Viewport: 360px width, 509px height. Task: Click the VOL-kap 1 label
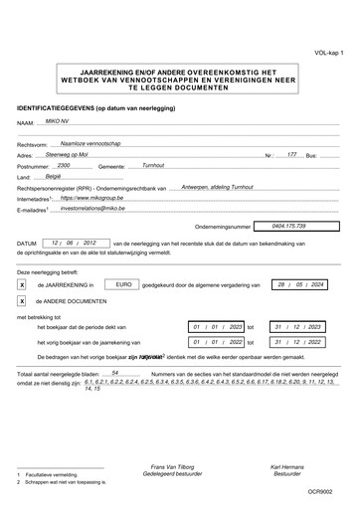[x=330, y=50]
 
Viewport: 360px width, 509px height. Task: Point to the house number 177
[x=291, y=156]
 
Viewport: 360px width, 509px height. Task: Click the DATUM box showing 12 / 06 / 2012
[x=75, y=242]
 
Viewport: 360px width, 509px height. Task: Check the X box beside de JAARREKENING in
[x=22, y=284]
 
